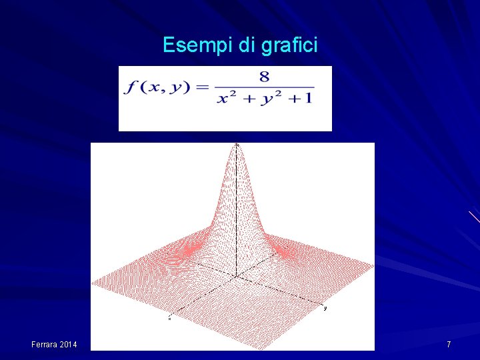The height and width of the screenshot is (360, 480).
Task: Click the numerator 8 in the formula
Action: [x=265, y=77]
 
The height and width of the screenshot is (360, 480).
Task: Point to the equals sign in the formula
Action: [x=203, y=87]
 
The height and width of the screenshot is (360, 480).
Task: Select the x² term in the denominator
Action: [x=229, y=98]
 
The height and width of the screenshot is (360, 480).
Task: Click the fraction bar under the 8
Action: [x=265, y=87]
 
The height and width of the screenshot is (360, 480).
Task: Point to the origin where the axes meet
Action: [x=236, y=275]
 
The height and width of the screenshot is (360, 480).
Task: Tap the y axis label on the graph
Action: [x=325, y=308]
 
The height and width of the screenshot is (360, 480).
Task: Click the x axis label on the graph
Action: [x=169, y=319]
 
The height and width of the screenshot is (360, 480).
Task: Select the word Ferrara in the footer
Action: [x=45, y=344]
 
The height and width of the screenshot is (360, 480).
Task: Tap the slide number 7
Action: [x=449, y=344]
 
